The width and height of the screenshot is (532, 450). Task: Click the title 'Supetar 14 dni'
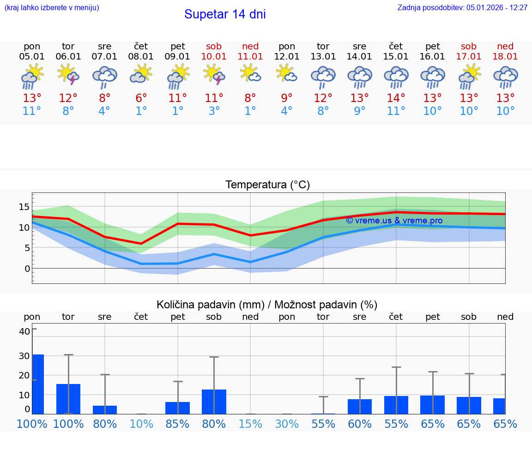[225, 14]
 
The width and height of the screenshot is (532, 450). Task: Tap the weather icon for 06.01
[68, 75]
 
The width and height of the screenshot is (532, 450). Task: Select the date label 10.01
[214, 57]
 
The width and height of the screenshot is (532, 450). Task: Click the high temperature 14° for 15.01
[396, 98]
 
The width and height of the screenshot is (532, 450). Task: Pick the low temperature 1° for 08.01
[141, 111]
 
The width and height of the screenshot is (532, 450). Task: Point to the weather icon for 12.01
[287, 74]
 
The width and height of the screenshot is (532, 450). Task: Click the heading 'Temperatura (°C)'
[267, 185]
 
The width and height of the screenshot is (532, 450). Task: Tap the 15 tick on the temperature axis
[24, 207]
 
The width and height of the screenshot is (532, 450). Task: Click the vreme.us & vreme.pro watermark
[394, 221]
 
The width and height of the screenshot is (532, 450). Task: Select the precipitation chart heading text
[267, 305]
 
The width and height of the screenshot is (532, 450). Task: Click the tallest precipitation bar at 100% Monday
[38, 384]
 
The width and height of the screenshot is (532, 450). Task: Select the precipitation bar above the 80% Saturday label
[214, 402]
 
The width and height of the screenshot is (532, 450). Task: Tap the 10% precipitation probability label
[141, 424]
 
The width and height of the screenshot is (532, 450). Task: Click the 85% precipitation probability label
[178, 424]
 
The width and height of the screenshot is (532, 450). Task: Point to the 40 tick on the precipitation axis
[24, 331]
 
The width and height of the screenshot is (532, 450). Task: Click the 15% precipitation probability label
[250, 424]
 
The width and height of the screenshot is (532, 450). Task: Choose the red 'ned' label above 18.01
[505, 46]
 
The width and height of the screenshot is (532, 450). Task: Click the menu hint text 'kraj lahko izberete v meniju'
[52, 8]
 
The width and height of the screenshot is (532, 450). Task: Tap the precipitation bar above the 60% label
[360, 407]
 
